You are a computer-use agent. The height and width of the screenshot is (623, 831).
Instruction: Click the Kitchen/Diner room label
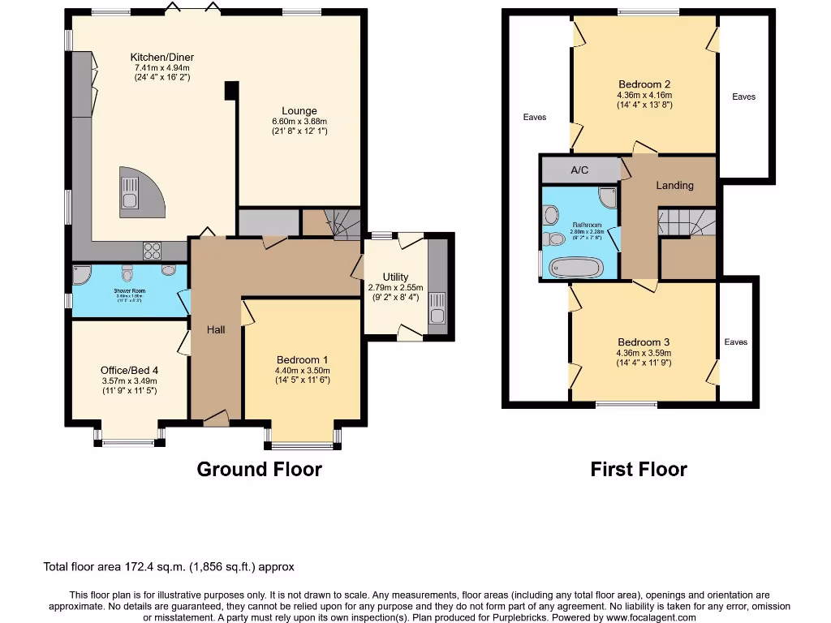click(162, 57)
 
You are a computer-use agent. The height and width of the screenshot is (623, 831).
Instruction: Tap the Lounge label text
click(299, 111)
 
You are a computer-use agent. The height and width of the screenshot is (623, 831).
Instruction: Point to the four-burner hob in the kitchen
click(152, 249)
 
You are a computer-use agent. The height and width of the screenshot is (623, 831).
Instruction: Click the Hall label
click(216, 329)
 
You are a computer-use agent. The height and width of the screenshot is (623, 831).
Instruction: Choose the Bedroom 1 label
click(302, 360)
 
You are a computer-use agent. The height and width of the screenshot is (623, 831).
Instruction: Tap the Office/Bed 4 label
click(130, 370)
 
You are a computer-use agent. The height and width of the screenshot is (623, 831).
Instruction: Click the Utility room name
click(395, 277)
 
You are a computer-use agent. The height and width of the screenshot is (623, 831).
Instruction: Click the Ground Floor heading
click(259, 469)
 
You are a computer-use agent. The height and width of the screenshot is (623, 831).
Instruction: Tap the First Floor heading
click(639, 469)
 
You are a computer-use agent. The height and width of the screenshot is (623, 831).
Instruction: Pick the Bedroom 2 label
click(644, 84)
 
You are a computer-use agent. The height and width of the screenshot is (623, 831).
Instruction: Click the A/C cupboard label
click(579, 170)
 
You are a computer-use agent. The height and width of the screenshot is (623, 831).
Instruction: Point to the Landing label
click(674, 185)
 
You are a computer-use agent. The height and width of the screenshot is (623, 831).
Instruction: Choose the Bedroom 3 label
click(644, 342)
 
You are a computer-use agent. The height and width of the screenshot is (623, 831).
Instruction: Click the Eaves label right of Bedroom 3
click(736, 342)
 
